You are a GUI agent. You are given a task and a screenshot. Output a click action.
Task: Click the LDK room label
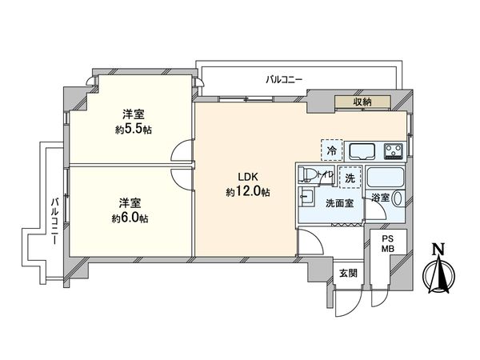coord(246,178)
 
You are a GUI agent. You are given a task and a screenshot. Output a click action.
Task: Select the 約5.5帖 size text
coord(133,130)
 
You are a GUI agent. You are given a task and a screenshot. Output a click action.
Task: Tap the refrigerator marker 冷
coord(330,149)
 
